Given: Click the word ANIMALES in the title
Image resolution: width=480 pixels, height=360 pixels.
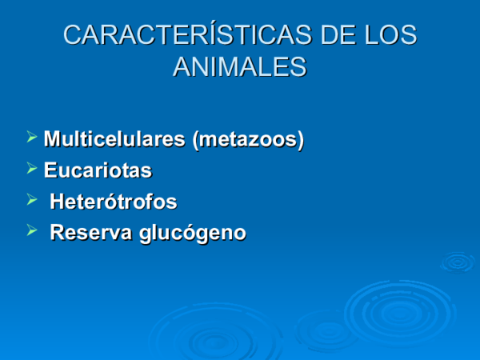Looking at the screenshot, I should pos(239,66).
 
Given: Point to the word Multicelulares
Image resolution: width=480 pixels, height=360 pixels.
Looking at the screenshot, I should pos(114,139).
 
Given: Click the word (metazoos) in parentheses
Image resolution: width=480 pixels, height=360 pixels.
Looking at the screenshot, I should pos(248,139).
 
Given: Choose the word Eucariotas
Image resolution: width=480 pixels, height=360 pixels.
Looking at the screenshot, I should pos(98,170).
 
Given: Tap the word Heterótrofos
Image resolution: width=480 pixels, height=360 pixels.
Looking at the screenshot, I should pos(113,202).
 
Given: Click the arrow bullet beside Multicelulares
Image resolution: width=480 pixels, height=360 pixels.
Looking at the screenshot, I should pos(32,138).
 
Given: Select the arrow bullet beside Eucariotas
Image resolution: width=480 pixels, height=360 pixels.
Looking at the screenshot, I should pos(32,169).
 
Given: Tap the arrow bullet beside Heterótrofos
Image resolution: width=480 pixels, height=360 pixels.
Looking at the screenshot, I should pos(32,200).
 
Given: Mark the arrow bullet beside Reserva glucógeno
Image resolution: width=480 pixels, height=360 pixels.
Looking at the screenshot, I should pos(32,232).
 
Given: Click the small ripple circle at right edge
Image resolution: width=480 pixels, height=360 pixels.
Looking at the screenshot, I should pos(458,261).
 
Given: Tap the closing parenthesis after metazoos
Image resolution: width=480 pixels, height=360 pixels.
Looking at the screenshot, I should pos(301,140).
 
